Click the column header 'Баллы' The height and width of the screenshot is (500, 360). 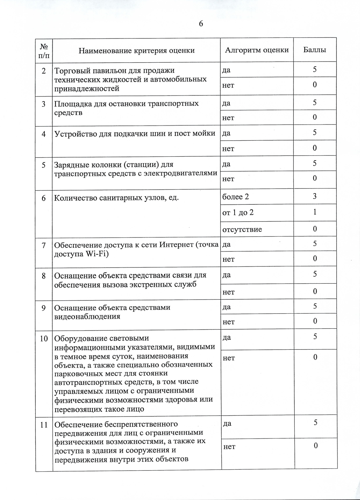315,50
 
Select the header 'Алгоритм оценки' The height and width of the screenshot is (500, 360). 257,50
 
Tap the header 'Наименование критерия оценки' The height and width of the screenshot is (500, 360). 136,50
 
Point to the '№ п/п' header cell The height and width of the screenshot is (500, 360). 44,51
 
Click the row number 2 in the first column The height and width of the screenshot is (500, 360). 44,71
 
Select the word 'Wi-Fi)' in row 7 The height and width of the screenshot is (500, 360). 97,254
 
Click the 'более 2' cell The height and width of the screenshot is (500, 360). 235,197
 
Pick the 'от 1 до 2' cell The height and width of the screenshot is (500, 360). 238,213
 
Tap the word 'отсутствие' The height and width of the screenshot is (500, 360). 242,230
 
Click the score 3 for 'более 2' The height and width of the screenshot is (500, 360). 315,196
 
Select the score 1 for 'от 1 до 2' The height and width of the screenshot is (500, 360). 315,212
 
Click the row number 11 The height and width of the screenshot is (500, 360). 44,425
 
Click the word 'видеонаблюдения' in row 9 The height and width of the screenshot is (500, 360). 87,317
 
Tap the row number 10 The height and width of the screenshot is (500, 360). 44,339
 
